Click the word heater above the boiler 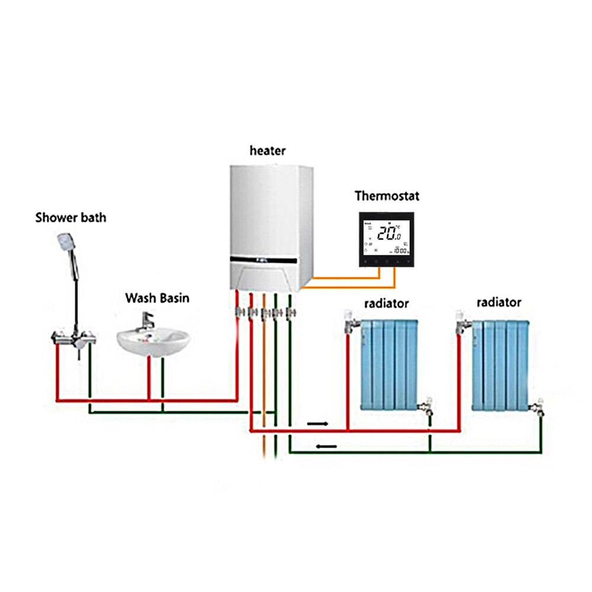267,150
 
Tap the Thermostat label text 387,195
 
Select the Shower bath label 70,217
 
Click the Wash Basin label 157,298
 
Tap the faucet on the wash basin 146,323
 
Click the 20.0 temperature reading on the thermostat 390,233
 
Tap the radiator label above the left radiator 387,304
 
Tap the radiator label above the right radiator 498,303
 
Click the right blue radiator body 501,364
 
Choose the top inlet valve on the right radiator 462,320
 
